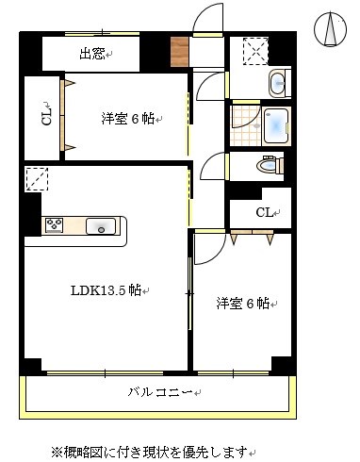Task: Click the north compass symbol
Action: pyautogui.click(x=331, y=29)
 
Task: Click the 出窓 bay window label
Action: pyautogui.click(x=92, y=54)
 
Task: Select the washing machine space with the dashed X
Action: pyautogui.click(x=254, y=51)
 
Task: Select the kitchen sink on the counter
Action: pyautogui.click(x=100, y=225)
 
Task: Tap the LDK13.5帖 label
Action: pyautogui.click(x=106, y=290)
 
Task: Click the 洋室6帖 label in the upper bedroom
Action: pyautogui.click(x=127, y=119)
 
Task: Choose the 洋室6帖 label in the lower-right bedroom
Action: pyautogui.click(x=242, y=303)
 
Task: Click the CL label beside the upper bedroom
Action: pyautogui.click(x=45, y=118)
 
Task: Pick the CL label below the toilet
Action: pyautogui.click(x=265, y=212)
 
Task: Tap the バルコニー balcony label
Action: pyautogui.click(x=160, y=391)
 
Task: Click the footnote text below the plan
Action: pyautogui.click(x=155, y=450)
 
